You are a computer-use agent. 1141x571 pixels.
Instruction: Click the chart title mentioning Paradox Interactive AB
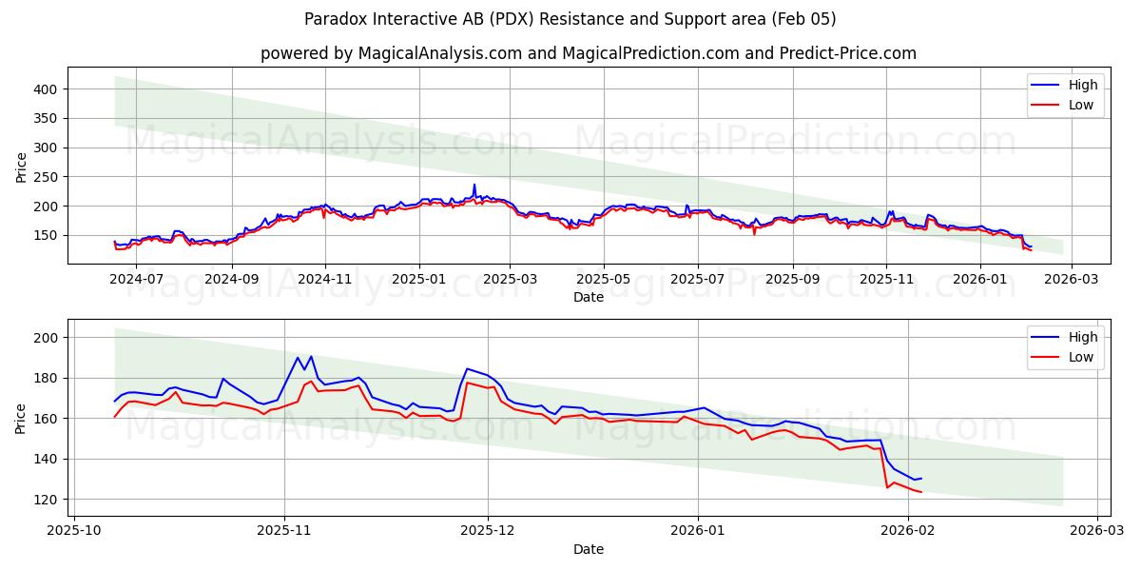[570, 19]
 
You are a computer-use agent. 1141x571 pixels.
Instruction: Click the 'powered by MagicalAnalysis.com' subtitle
[589, 53]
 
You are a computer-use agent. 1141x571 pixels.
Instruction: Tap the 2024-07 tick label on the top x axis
[138, 280]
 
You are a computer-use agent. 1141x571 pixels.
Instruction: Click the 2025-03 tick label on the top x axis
[511, 280]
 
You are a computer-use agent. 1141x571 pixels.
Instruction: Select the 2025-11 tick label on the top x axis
[886, 280]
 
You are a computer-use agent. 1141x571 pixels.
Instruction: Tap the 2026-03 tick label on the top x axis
[1072, 280]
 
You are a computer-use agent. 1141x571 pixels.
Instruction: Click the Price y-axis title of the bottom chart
[21, 418]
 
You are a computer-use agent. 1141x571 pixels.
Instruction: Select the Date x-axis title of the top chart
[589, 298]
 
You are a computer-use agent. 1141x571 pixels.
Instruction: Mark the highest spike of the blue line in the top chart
[474, 185]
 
